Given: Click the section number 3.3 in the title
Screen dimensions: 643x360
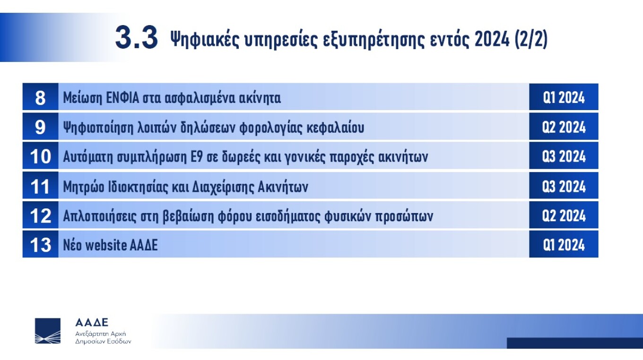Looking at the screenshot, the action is coord(136,37).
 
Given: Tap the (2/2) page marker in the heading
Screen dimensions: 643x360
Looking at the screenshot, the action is coord(531,39).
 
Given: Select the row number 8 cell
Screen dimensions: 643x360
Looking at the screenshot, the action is coord(40,97).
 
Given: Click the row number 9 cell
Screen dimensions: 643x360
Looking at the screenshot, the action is coord(40,127).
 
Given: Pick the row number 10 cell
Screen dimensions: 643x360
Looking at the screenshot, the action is coord(40,156).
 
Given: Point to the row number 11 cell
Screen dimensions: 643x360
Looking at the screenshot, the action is coord(40,186).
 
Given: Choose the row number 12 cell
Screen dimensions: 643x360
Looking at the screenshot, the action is coord(40,215).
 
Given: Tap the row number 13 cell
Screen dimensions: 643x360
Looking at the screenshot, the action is coord(40,244).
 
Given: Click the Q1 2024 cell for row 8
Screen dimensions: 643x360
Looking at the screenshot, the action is coord(564,97).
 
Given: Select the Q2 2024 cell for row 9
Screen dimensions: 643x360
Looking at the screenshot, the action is coord(564,127).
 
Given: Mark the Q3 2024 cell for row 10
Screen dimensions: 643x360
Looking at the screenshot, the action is coord(564,156).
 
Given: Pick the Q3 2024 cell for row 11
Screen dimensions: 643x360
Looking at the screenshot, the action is coord(564,186).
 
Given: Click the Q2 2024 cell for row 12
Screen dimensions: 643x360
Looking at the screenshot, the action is coord(564,215).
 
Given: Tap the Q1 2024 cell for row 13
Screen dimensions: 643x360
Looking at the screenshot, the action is coord(564,244).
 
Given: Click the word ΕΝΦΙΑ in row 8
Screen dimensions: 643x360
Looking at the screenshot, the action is coord(122,98).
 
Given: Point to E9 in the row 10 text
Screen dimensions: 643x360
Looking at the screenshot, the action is coord(197,157).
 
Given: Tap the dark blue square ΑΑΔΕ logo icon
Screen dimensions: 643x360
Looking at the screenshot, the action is coord(48,331).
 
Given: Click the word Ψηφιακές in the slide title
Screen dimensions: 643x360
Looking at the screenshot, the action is coord(205,40).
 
